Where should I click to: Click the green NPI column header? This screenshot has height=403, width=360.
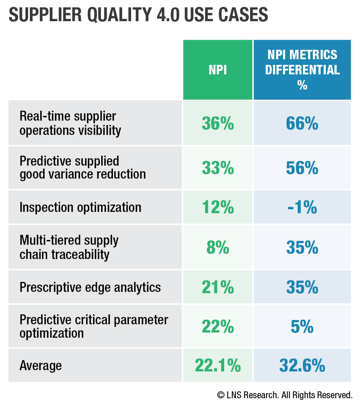(218, 70)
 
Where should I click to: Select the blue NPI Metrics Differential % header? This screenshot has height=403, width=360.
(302, 70)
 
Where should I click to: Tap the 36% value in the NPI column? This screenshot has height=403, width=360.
(218, 124)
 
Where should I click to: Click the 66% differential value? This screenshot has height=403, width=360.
(302, 124)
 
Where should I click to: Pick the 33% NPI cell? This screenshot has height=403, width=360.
(218, 168)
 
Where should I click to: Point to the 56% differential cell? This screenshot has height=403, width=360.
(302, 168)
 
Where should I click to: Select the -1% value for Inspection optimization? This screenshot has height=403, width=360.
(302, 208)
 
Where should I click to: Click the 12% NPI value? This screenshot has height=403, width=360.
(218, 208)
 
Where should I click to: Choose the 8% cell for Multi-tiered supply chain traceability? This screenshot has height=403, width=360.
(218, 248)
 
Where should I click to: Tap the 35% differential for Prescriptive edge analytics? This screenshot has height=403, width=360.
(302, 288)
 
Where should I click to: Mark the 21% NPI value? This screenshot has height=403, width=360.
(218, 288)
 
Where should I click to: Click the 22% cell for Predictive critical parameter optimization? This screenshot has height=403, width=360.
(218, 327)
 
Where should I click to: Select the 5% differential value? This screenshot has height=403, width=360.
(302, 327)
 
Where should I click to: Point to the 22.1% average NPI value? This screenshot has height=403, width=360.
(218, 366)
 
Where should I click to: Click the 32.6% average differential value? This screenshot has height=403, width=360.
(302, 366)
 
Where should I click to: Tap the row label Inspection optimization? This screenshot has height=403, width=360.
(80, 208)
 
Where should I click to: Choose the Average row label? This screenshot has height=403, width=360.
(41, 366)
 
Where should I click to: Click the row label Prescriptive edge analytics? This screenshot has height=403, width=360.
(90, 288)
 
